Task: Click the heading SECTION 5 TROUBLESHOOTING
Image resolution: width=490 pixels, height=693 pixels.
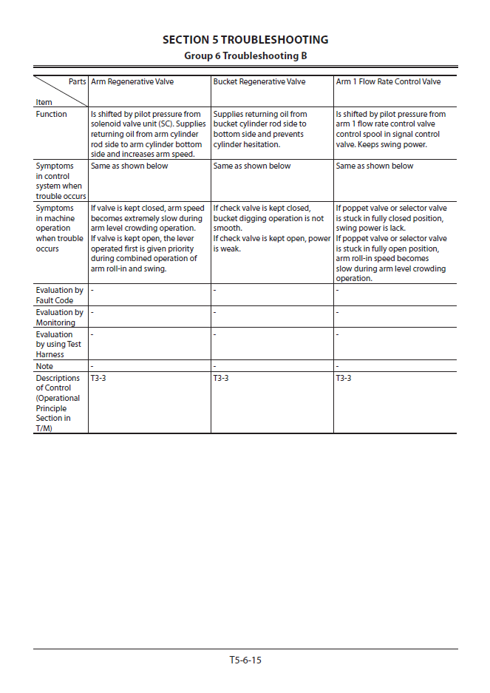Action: click(245, 40)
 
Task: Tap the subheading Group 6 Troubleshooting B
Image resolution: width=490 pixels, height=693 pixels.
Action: click(245, 55)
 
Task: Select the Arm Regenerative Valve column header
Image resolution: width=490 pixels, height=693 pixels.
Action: click(132, 81)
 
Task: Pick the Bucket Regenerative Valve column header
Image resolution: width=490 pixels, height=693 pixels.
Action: click(259, 81)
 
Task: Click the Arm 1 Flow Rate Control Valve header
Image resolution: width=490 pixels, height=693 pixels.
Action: click(388, 81)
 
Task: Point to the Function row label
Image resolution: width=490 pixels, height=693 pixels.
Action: click(51, 115)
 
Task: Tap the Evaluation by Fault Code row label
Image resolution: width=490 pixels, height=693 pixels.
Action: click(59, 295)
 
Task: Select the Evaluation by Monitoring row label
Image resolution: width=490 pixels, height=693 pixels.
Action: click(59, 317)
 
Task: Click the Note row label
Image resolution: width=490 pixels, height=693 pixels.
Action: click(44, 366)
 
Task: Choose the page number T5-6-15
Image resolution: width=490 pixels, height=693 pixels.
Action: click(245, 660)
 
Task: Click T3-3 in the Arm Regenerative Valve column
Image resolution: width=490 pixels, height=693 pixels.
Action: click(98, 378)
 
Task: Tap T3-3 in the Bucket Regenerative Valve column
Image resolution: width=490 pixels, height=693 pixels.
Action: click(220, 378)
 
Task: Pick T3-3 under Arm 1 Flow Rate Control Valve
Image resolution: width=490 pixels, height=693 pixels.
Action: click(343, 378)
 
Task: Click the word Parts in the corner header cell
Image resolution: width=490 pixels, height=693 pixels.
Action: click(77, 81)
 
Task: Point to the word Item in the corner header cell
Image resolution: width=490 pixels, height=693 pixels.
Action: click(44, 102)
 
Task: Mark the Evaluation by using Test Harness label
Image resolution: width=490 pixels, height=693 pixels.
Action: click(58, 344)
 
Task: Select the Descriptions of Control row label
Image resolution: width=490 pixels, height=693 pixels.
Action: click(57, 403)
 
